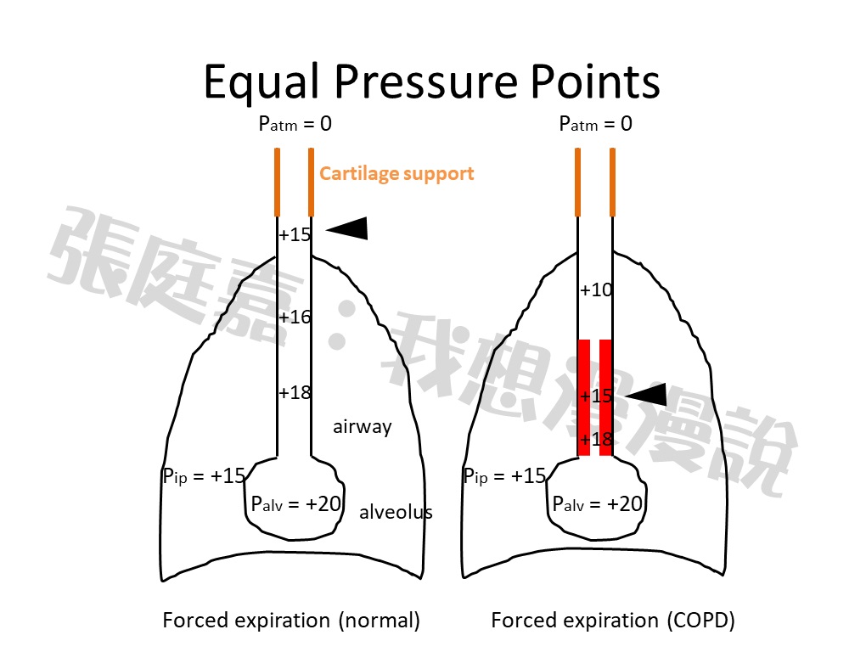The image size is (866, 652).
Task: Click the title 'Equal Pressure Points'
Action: pos(432,82)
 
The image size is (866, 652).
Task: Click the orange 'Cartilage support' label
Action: pos(396,174)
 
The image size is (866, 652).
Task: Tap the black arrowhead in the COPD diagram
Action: pos(646,394)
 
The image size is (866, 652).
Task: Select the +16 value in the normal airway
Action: pos(295,318)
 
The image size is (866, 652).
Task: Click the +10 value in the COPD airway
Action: pos(596,290)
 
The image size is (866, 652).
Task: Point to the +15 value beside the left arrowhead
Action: pos(295,235)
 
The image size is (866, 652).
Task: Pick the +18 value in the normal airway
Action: pos(295,392)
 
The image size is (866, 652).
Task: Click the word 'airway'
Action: pos(363,427)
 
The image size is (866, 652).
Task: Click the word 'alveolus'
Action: pos(396,512)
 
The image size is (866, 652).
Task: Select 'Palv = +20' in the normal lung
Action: pos(295,503)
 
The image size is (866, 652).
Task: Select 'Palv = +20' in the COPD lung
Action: pos(597,503)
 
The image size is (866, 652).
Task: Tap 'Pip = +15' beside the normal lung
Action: pos(204,476)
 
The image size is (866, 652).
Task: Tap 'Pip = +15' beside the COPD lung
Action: pos(504,476)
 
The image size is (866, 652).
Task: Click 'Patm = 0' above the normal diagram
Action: pos(295,124)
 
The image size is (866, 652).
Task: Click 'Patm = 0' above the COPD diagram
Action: pos(595,124)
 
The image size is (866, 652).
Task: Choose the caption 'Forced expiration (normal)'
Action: pos(291,621)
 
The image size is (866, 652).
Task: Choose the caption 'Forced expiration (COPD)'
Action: pos(612,621)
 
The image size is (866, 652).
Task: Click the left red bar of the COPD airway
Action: pos(584,397)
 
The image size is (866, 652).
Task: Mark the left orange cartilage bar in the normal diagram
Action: pos(278,182)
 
